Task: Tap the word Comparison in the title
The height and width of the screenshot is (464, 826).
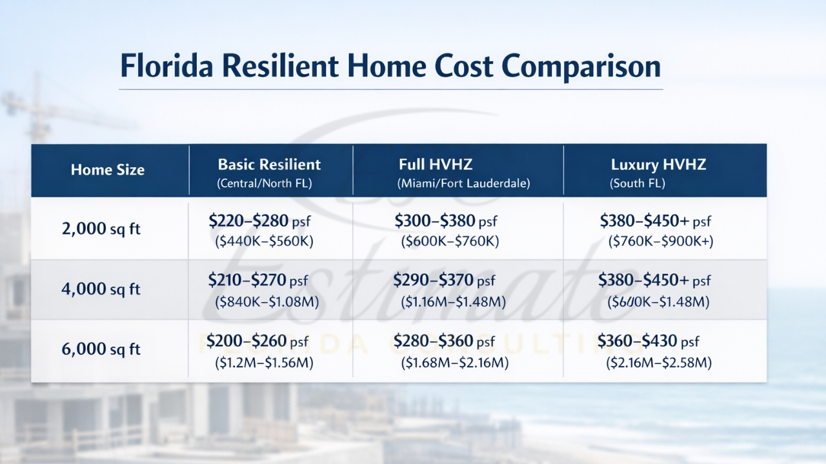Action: coord(580,66)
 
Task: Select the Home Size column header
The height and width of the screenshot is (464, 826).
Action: coord(108,170)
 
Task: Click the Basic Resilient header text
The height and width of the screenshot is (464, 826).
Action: coord(269,164)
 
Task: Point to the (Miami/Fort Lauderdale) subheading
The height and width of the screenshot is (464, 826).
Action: coord(463,184)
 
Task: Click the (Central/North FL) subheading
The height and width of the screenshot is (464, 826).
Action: coord(264,184)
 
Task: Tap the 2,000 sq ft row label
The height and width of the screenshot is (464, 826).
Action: coord(101,229)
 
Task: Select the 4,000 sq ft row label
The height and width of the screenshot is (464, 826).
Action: coord(101,289)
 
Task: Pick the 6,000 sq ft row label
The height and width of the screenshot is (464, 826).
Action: coord(101,349)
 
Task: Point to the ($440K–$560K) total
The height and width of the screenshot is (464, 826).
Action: coord(263,242)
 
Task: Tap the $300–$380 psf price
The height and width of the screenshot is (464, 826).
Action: coord(446,222)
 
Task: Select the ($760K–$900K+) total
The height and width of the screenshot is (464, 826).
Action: coord(660,242)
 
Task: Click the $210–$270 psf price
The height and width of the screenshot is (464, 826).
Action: coord(258,280)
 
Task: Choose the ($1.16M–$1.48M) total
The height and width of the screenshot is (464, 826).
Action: coord(453,302)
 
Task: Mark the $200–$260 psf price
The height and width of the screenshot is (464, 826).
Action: coord(258,341)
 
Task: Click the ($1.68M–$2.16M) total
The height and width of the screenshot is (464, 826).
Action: coord(454,363)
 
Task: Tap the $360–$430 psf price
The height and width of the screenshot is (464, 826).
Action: coord(648,341)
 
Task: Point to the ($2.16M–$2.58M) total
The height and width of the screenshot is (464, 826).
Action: coord(658,363)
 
